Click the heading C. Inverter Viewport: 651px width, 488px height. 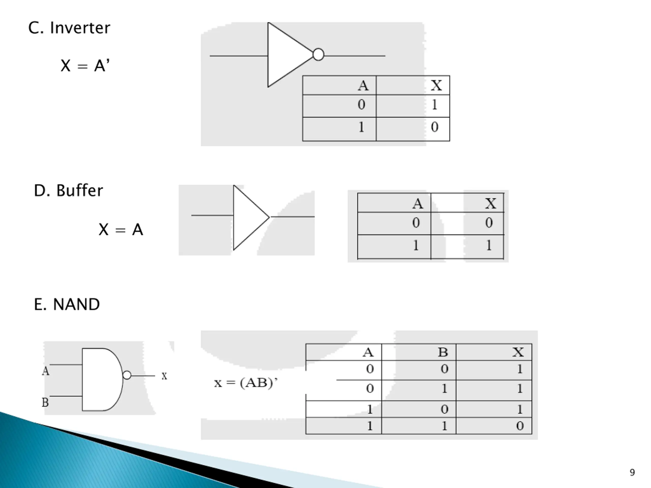(x=69, y=28)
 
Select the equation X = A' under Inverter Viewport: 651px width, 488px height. (x=85, y=65)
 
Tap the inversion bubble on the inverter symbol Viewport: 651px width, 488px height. (x=318, y=55)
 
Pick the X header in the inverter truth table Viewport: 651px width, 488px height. (x=436, y=86)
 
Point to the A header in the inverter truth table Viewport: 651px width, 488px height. (x=363, y=86)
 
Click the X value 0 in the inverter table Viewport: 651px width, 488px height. (x=435, y=127)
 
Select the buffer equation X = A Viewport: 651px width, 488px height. (x=121, y=230)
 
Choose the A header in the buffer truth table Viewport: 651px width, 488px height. (x=417, y=203)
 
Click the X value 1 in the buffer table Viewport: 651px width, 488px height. (x=489, y=245)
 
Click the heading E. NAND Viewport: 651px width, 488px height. (x=67, y=304)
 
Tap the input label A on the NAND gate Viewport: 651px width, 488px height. (x=46, y=371)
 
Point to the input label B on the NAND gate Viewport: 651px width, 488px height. (x=45, y=402)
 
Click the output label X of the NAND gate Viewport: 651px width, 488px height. (x=164, y=376)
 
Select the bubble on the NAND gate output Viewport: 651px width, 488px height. (x=127, y=375)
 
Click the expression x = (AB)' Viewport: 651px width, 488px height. (x=246, y=383)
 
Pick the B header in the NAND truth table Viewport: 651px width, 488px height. (x=443, y=352)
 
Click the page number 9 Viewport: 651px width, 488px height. (x=632, y=472)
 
